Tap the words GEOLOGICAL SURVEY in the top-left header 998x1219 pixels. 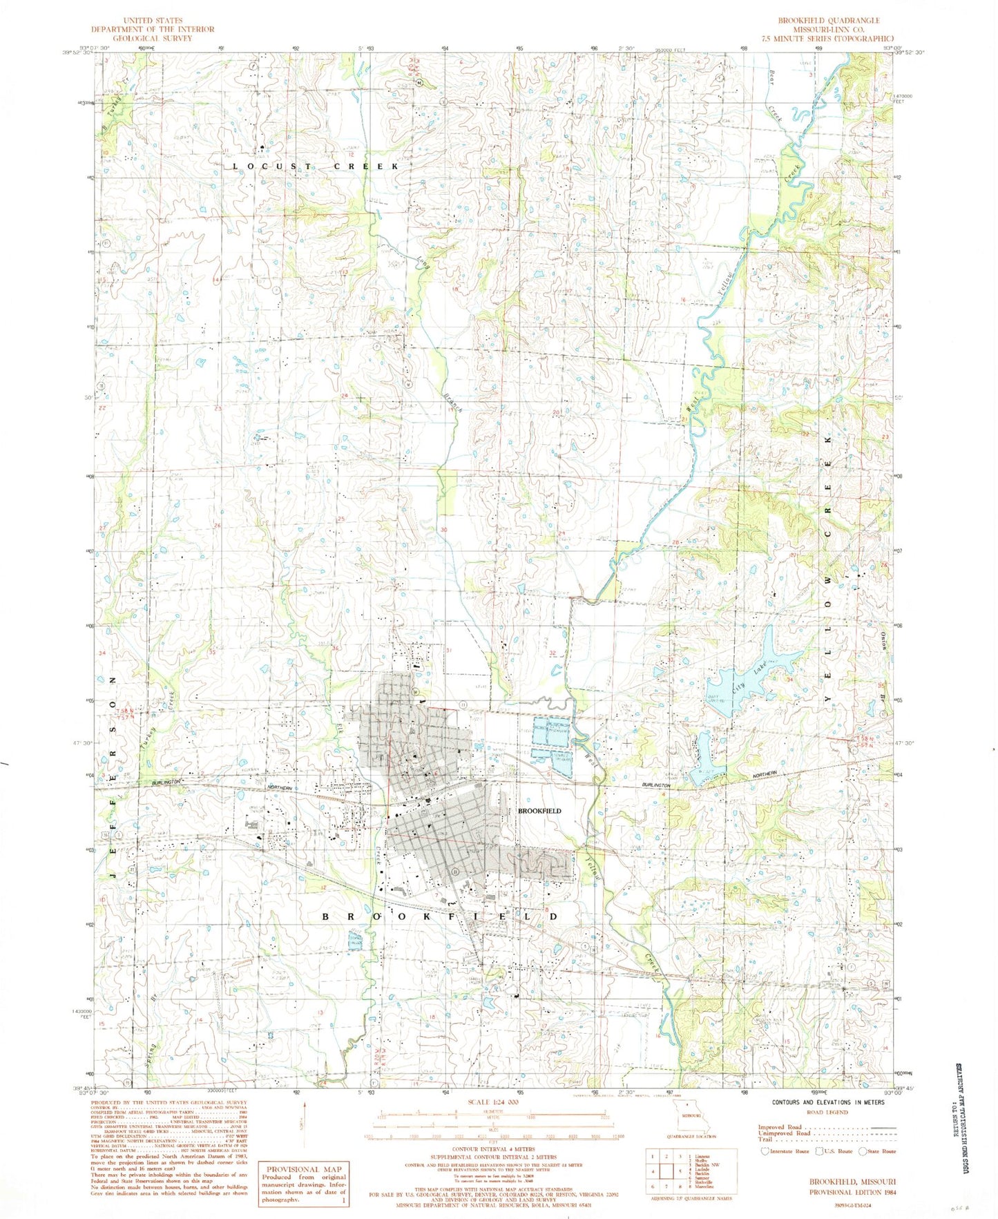[153, 38]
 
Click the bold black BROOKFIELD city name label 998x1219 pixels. [539, 810]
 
